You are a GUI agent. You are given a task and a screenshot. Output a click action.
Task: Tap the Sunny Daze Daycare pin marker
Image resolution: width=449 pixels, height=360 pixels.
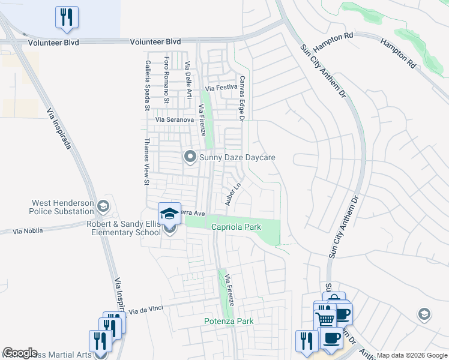click(x=190, y=157)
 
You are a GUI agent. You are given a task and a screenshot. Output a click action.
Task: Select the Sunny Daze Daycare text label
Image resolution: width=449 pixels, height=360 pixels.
click(x=237, y=158)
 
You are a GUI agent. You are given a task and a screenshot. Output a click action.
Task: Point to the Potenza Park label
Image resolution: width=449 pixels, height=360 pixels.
click(x=229, y=322)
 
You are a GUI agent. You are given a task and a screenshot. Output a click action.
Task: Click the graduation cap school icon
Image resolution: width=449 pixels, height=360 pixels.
click(x=169, y=214)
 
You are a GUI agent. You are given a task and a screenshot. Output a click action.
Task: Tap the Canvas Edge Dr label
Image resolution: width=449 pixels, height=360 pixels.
click(x=243, y=98)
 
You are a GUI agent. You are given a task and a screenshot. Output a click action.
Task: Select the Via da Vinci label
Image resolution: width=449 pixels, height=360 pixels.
click(x=146, y=310)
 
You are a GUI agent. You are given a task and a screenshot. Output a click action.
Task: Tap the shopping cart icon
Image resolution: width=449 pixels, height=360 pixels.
click(x=325, y=317)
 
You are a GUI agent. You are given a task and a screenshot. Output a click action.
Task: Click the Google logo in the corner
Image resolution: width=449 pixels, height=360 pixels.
click(x=20, y=353)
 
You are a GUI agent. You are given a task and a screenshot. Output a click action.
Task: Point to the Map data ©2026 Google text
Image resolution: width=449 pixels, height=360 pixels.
click(x=412, y=355)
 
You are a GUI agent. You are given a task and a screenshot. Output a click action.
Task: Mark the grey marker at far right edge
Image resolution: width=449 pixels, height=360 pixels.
click(x=424, y=314)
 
